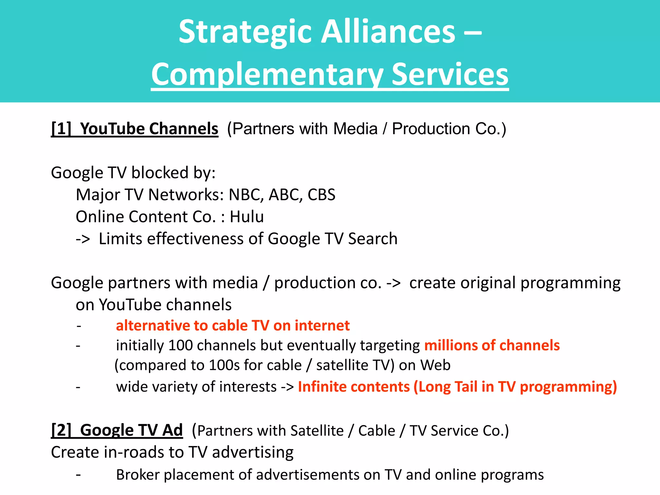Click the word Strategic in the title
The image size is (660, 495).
coord(245,32)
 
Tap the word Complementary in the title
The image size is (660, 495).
coord(267,75)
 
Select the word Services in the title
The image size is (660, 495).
coord(450,75)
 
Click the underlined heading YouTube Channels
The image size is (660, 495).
coord(149,129)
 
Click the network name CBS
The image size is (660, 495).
coord(321,195)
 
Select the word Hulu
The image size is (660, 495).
coord(247,217)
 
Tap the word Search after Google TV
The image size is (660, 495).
coord(373,239)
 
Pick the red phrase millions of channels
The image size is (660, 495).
coord(492,345)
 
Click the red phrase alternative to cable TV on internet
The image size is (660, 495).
coord(233,325)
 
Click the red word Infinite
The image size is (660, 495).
coord(321,387)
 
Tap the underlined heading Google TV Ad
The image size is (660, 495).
coord(131,430)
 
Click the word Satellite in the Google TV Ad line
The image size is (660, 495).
coord(317,431)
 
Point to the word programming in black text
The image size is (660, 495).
coord(570,283)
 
